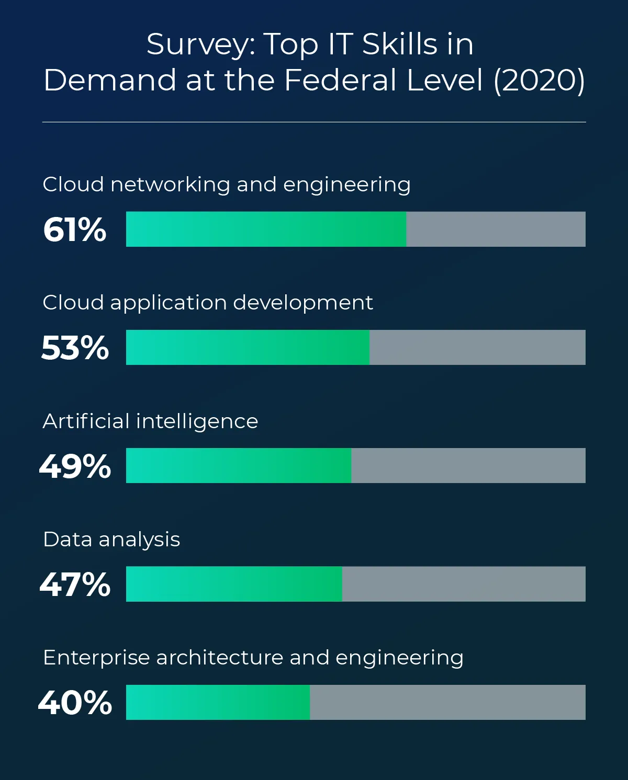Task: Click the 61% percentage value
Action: pyautogui.click(x=75, y=230)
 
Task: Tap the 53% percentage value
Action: pyautogui.click(x=75, y=348)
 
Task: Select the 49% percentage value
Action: pyautogui.click(x=75, y=466)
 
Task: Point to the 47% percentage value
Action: pyautogui.click(x=75, y=584)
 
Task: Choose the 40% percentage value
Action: pyautogui.click(x=75, y=702)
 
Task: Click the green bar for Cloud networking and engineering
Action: pyautogui.click(x=266, y=229)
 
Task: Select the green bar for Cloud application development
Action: pyautogui.click(x=248, y=347)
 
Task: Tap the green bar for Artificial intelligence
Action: pyautogui.click(x=239, y=465)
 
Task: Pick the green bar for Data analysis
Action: pyautogui.click(x=234, y=583)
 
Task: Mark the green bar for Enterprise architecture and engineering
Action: pyautogui.click(x=218, y=702)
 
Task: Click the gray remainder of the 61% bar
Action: pyautogui.click(x=496, y=229)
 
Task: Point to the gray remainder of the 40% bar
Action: pyautogui.click(x=447, y=702)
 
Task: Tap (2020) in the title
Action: pyautogui.click(x=539, y=81)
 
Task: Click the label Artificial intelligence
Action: pyautogui.click(x=150, y=421)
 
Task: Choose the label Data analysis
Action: pyautogui.click(x=111, y=540)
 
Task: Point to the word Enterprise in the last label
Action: pyautogui.click(x=96, y=658)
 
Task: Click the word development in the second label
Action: pyautogui.click(x=303, y=303)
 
